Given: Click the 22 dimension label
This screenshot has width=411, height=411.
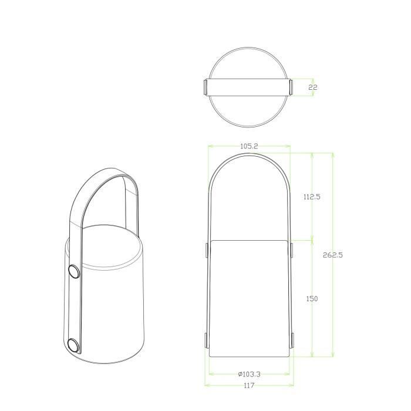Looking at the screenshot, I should (313, 87).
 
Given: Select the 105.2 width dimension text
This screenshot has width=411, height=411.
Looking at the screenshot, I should (249, 146).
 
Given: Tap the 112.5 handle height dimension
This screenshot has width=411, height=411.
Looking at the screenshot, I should (312, 197).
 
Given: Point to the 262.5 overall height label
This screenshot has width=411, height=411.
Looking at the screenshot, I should (333, 255).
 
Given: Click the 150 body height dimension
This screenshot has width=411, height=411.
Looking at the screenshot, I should (312, 299).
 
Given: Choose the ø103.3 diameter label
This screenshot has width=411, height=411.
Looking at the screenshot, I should (249, 373).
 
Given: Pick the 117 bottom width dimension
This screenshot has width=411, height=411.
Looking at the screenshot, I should (249, 386).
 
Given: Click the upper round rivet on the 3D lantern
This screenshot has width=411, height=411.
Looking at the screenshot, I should (74, 271).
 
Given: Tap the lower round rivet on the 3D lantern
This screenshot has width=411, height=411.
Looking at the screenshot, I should (74, 345).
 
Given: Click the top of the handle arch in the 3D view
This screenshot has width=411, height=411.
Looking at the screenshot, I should (112, 171).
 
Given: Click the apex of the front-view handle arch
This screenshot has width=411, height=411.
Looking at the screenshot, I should (249, 154).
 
